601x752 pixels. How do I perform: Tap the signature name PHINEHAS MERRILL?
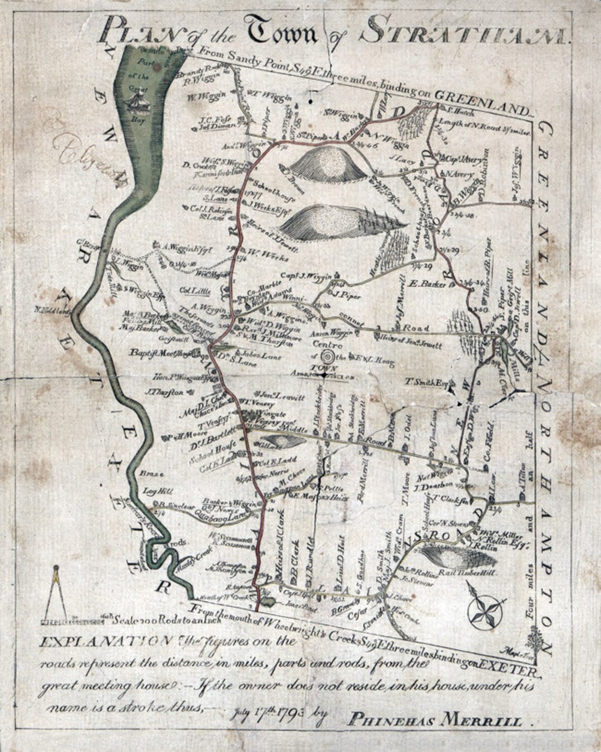click(435, 721)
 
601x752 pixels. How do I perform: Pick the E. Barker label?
click(427, 284)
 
